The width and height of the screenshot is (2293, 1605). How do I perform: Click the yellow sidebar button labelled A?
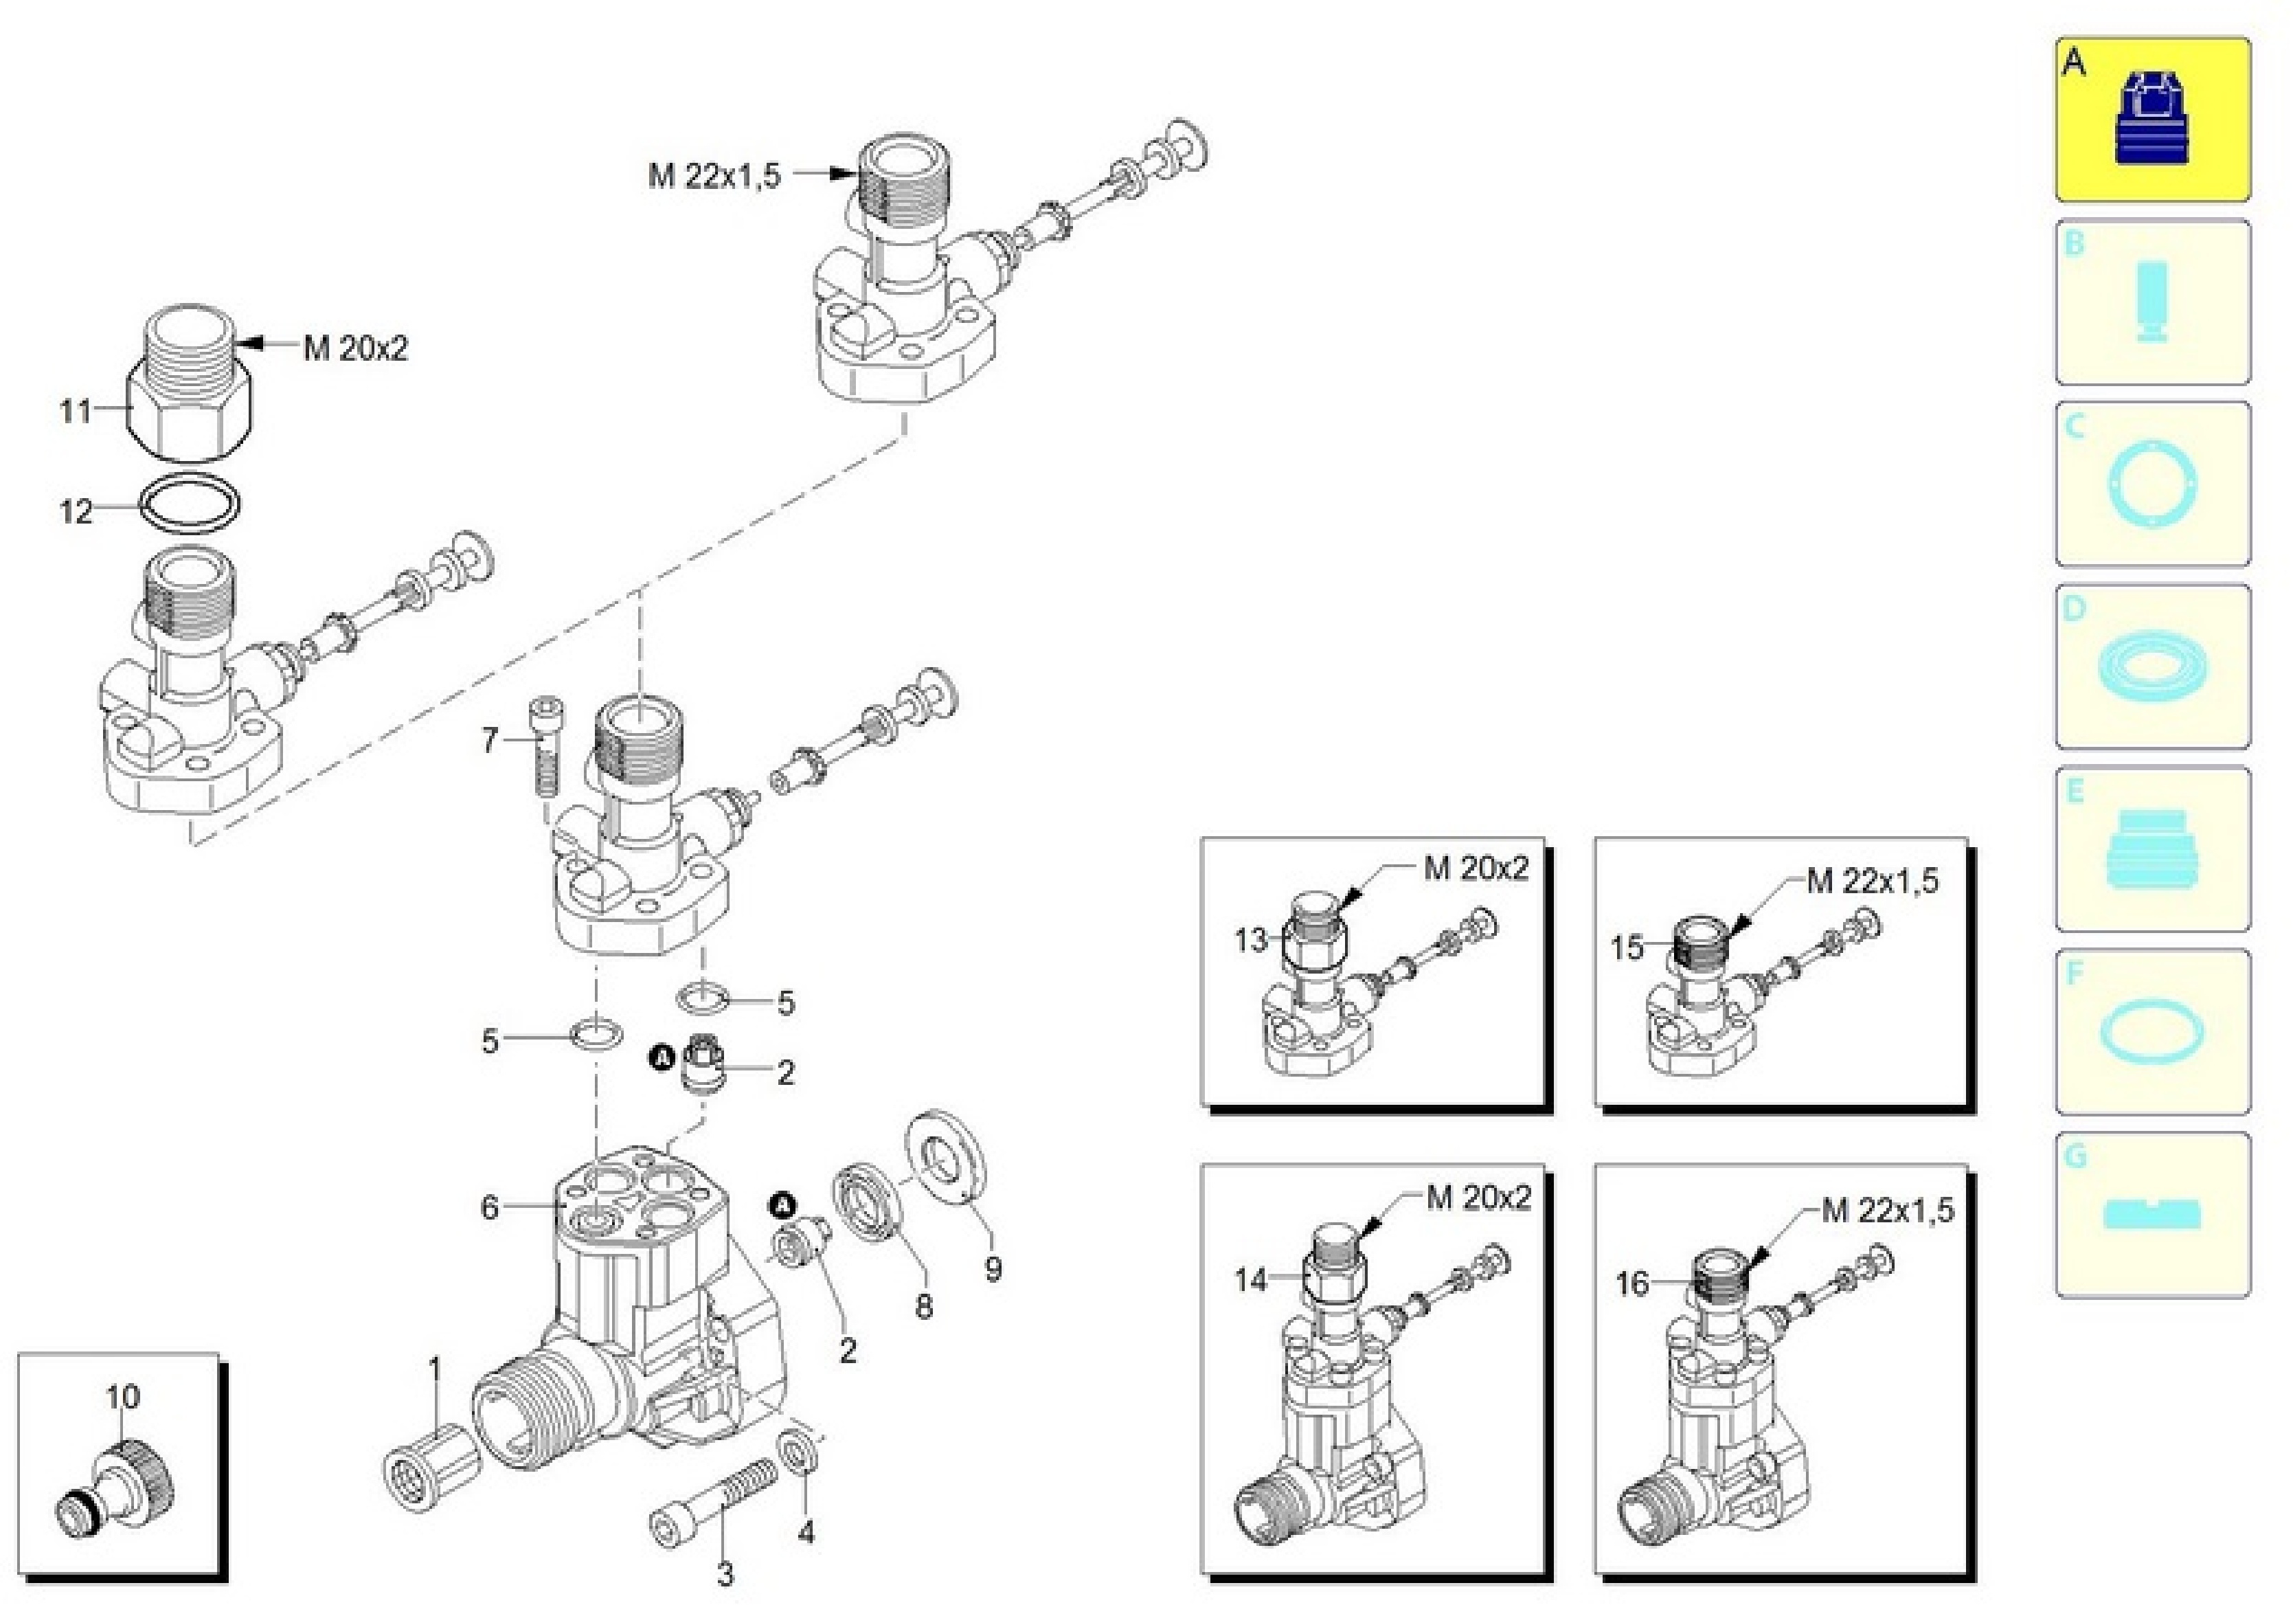tap(2151, 120)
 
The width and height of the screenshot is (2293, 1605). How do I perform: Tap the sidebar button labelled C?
tap(2151, 484)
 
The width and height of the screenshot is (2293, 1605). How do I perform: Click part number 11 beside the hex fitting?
tap(75, 410)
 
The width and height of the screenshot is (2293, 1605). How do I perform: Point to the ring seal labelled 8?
tap(868, 1202)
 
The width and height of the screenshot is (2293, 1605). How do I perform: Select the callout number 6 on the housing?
tap(489, 1207)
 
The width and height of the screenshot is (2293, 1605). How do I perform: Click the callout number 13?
tap(1250, 940)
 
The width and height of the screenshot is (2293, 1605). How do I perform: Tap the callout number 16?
tap(1632, 1283)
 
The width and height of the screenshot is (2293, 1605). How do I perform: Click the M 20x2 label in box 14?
tap(1478, 1198)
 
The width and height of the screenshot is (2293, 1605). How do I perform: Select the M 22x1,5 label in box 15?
tap(1871, 881)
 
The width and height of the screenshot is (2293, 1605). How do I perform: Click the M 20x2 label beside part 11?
tap(356, 348)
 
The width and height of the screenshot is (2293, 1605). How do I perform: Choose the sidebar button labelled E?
tap(2151, 849)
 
